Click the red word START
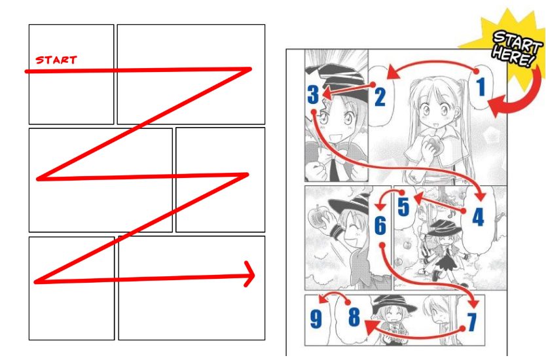point(56,60)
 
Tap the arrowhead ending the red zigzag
point(250,274)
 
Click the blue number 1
point(481,86)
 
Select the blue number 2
point(380,97)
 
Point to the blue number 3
point(313,95)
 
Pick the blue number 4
point(478,217)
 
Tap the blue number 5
point(403,207)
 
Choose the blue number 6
point(380,225)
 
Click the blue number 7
point(471,321)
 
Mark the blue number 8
point(354,317)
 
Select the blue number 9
point(316,319)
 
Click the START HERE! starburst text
point(516,48)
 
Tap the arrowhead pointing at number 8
point(372,328)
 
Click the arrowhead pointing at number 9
point(323,298)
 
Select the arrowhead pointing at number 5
point(419,198)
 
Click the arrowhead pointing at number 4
point(481,195)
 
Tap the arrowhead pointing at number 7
point(474,302)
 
